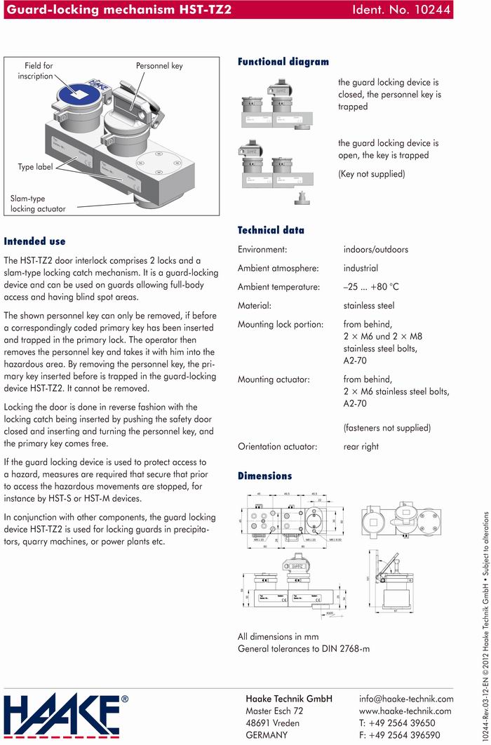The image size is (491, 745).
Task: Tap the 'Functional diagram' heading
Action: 283,62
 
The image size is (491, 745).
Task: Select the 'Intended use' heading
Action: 34,241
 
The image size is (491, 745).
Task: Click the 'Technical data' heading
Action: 271,230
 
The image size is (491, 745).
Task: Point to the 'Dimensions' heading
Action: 264,476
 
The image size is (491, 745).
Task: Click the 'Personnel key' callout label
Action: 159,66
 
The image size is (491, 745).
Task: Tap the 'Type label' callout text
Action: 35,168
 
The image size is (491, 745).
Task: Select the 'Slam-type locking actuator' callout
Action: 38,204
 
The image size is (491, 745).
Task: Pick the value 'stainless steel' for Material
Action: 369,306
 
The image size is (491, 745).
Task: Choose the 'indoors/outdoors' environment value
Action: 375,249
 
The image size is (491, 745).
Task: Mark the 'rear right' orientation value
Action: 361,446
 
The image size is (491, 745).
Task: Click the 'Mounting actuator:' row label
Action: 274,380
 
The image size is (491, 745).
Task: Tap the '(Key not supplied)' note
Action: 371,174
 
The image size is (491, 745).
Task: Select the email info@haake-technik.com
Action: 406,699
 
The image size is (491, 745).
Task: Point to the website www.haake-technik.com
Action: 405,711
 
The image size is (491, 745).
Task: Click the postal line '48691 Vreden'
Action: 272,723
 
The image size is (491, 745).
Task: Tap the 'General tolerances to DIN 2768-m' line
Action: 303,649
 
